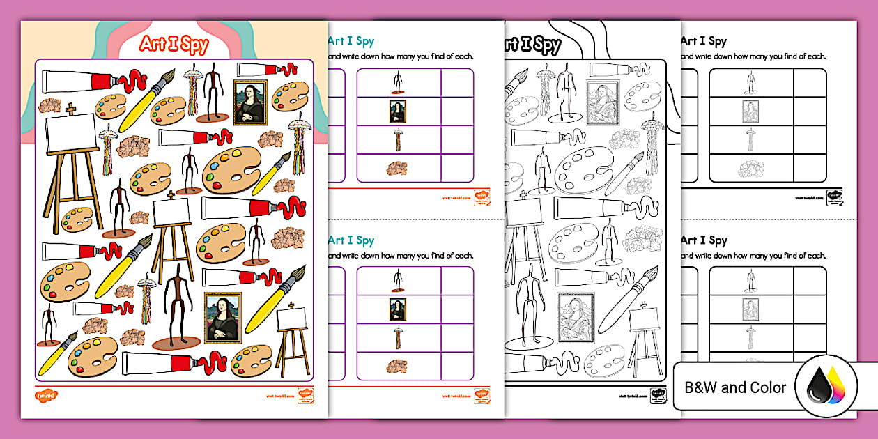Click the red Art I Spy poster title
click(174, 45)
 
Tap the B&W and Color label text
click(735, 387)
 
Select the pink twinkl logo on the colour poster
click(45, 395)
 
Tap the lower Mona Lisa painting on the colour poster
click(222, 318)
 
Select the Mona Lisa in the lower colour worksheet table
click(398, 309)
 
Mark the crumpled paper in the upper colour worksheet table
click(398, 167)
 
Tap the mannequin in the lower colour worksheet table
click(398, 280)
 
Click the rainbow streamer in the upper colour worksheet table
click(398, 139)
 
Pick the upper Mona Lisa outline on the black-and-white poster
click(603, 102)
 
